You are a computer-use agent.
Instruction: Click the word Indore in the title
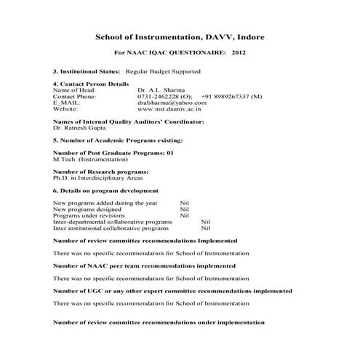(x=244, y=36)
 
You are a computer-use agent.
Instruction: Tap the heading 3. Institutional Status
(x=87, y=72)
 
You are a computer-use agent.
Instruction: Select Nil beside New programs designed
(x=184, y=209)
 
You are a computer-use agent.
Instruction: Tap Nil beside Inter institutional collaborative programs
(x=204, y=228)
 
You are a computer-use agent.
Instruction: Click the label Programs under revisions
(x=89, y=215)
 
